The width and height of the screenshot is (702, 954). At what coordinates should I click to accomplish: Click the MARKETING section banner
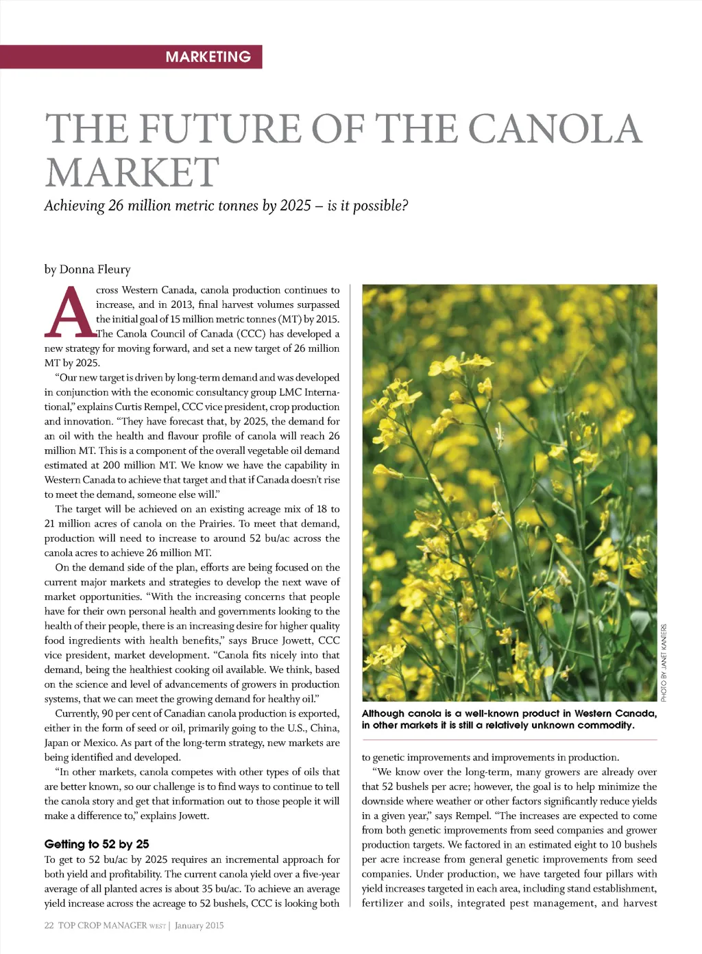pyautogui.click(x=208, y=57)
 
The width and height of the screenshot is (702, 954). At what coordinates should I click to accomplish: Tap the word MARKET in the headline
pyautogui.click(x=132, y=172)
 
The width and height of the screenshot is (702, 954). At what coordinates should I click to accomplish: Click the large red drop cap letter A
pyautogui.click(x=69, y=313)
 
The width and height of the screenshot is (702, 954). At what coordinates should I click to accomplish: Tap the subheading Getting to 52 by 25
pyautogui.click(x=97, y=844)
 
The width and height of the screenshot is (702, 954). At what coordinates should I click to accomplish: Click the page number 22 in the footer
pyautogui.click(x=49, y=926)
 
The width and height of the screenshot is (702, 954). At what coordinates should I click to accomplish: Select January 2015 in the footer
pyautogui.click(x=199, y=926)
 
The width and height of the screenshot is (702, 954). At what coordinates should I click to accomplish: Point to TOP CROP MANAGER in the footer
pyautogui.click(x=102, y=926)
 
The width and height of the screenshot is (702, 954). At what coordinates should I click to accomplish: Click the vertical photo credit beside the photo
pyautogui.click(x=664, y=663)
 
